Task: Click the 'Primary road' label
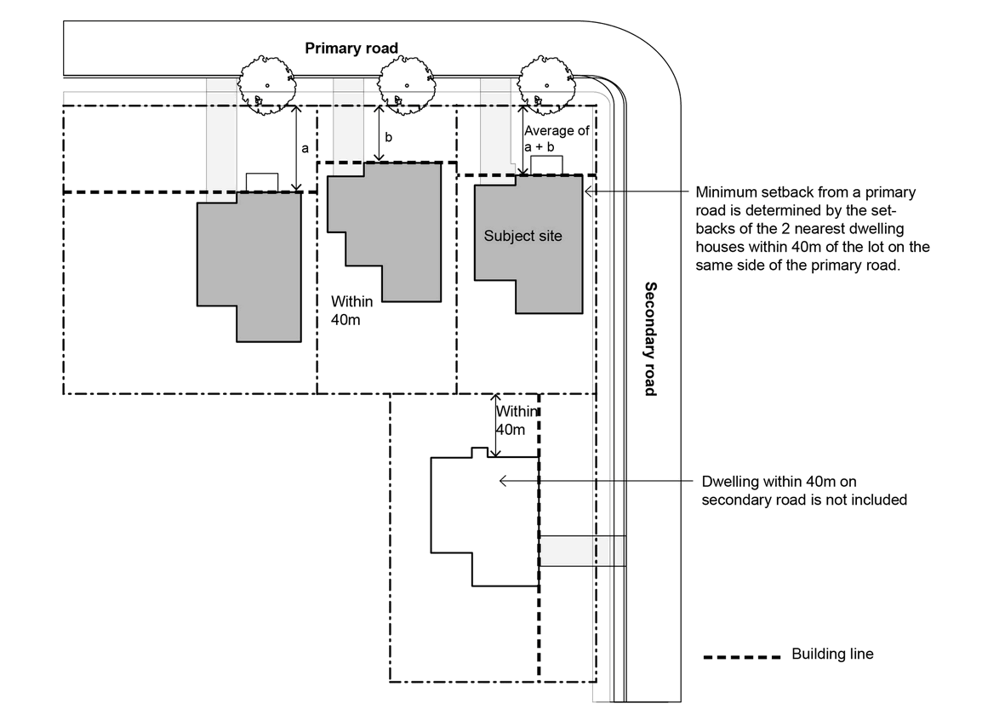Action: click(x=351, y=49)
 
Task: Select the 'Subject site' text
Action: click(x=522, y=236)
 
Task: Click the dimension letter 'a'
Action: click(x=305, y=148)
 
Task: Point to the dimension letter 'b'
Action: click(x=389, y=137)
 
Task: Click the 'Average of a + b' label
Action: click(x=556, y=139)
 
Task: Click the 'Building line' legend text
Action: click(x=832, y=655)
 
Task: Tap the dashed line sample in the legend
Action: click(x=742, y=657)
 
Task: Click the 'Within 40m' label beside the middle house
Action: click(x=345, y=310)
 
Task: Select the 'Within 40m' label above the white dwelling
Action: click(x=517, y=420)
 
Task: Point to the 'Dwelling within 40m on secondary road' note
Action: click(x=804, y=491)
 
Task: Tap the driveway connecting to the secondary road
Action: click(x=583, y=551)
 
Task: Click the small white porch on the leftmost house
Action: click(x=262, y=182)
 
